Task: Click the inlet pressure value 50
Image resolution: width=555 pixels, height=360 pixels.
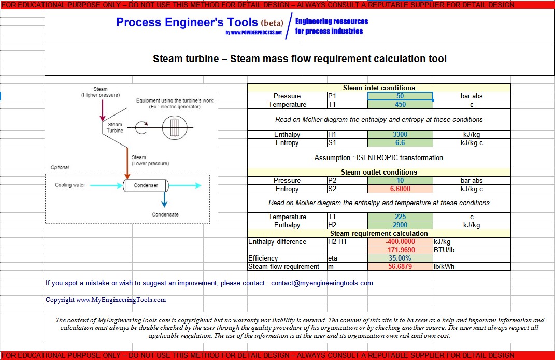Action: [x=400, y=96]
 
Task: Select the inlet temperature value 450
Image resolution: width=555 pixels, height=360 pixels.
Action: [x=400, y=105]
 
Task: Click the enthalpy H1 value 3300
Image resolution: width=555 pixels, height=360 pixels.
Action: [x=400, y=135]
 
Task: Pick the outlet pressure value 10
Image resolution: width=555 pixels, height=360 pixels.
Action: [x=400, y=181]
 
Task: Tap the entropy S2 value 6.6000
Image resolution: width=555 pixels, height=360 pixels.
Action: [x=400, y=189]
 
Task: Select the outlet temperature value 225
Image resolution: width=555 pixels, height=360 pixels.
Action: [x=400, y=217]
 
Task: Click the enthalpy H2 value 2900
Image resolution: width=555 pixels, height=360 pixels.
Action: [x=400, y=225]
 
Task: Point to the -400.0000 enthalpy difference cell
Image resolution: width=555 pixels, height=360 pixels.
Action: [x=400, y=242]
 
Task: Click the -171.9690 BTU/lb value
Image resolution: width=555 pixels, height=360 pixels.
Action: [x=400, y=250]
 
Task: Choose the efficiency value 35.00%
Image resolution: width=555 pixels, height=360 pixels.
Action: [x=400, y=258]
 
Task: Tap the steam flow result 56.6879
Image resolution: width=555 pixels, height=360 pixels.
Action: [x=400, y=267]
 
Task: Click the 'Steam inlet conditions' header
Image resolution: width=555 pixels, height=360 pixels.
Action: [x=379, y=88]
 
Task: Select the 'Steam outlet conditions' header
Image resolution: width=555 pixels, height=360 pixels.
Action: [x=379, y=172]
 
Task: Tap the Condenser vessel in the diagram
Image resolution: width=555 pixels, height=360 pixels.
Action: [x=146, y=185]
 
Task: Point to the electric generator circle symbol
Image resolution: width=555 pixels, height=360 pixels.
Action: [x=174, y=127]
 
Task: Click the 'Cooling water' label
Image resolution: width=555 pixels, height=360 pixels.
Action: [x=70, y=185]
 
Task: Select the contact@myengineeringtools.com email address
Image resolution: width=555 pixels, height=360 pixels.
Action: [x=322, y=283]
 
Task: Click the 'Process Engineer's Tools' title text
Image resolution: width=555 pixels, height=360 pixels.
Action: [x=187, y=22]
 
